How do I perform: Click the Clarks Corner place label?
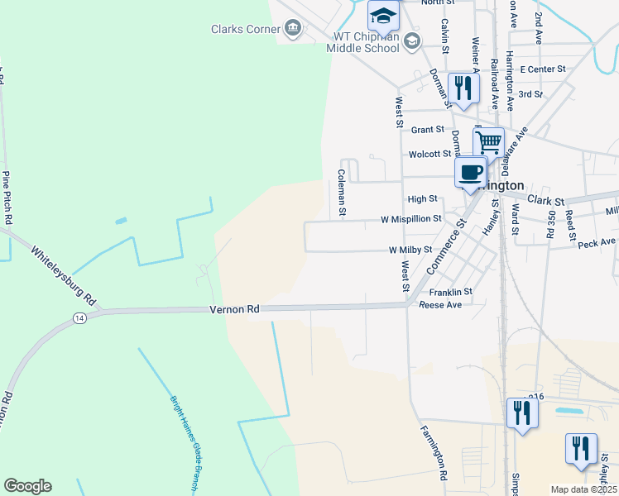[246, 29]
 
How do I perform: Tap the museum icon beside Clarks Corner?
[293, 30]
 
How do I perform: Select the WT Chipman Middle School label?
[366, 42]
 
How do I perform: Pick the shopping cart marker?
[489, 143]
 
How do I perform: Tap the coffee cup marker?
[470, 174]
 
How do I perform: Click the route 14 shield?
[79, 317]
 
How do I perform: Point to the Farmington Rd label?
[434, 453]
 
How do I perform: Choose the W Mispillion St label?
[410, 220]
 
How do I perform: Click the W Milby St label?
[410, 250]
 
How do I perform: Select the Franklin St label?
[450, 292]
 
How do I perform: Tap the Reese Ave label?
[440, 304]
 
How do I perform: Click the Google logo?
[27, 486]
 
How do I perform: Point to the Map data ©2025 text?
[583, 489]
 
